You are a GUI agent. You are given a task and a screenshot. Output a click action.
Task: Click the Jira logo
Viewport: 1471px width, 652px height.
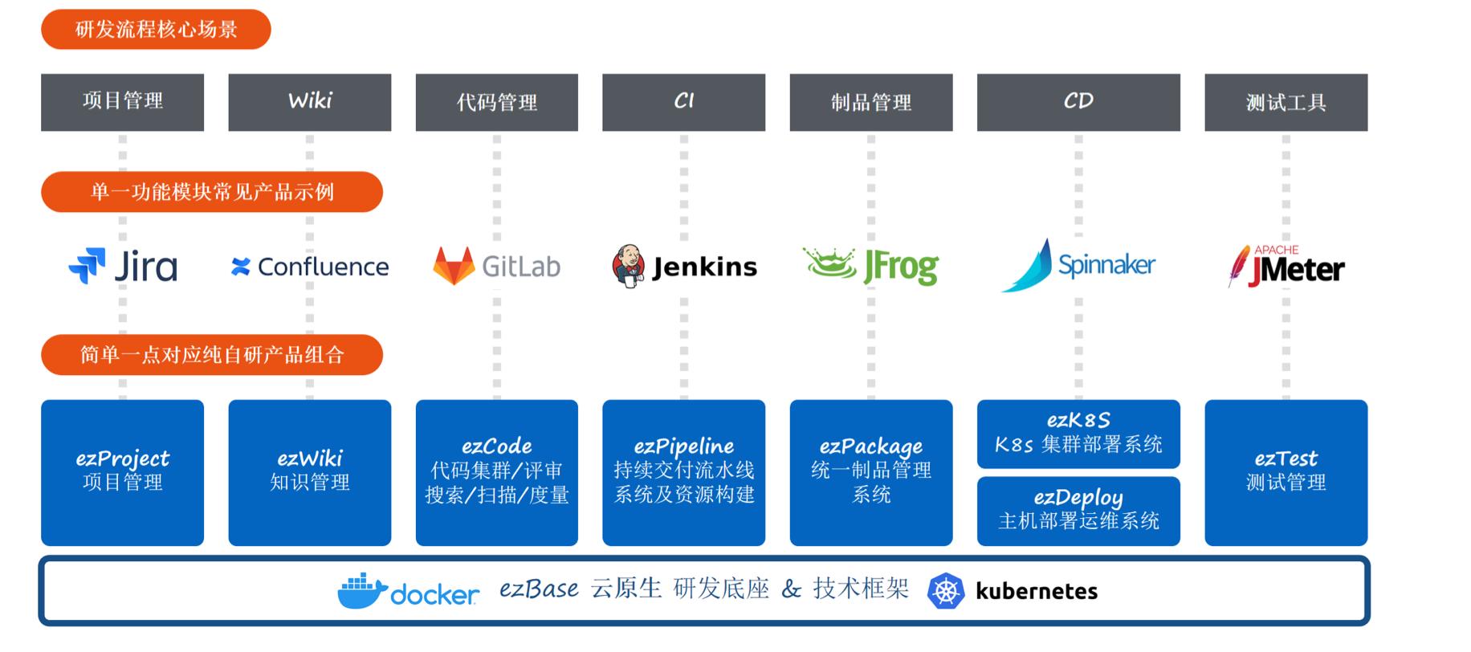coord(123,267)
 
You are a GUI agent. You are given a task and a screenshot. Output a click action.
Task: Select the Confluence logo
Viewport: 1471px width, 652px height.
coord(309,267)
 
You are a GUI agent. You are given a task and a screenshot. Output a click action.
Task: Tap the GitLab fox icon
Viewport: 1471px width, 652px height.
coord(454,266)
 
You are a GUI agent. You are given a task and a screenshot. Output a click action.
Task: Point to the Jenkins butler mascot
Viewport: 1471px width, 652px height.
coord(628,267)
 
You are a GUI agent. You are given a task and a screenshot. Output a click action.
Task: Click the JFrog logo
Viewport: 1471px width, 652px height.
coord(870,266)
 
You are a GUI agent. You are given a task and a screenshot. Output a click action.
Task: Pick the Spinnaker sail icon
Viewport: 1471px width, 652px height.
coord(1028,266)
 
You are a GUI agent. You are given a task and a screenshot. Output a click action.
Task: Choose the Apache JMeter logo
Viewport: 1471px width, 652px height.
coord(1286,267)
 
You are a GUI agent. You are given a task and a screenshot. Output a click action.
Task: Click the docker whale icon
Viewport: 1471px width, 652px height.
coord(364,591)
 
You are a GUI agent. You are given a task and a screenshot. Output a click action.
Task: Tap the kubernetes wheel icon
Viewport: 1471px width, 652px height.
coord(945,591)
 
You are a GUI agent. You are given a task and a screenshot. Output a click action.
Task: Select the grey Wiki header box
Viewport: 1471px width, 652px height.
coord(310,102)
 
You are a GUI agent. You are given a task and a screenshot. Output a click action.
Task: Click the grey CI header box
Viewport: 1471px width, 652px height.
coord(683,102)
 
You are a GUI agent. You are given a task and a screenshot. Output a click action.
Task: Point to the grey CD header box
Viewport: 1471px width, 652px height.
coord(1078,102)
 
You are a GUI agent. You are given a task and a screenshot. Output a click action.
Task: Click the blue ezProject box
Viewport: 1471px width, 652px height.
coord(123,472)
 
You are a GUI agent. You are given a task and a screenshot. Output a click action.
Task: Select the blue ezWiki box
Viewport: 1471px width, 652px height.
coord(310,472)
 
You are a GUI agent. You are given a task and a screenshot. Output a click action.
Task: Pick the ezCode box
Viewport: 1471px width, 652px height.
coord(497,472)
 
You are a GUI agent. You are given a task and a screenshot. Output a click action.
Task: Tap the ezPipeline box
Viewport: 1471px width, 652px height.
coord(683,472)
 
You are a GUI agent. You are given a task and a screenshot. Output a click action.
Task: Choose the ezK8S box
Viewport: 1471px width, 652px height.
coord(1078,434)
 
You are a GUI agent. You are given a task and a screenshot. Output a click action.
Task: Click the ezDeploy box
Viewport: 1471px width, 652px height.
coord(1078,511)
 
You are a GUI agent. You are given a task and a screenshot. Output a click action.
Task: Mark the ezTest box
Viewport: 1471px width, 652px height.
coord(1286,472)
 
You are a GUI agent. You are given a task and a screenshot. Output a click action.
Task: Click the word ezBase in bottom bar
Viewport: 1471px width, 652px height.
coord(539,589)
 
